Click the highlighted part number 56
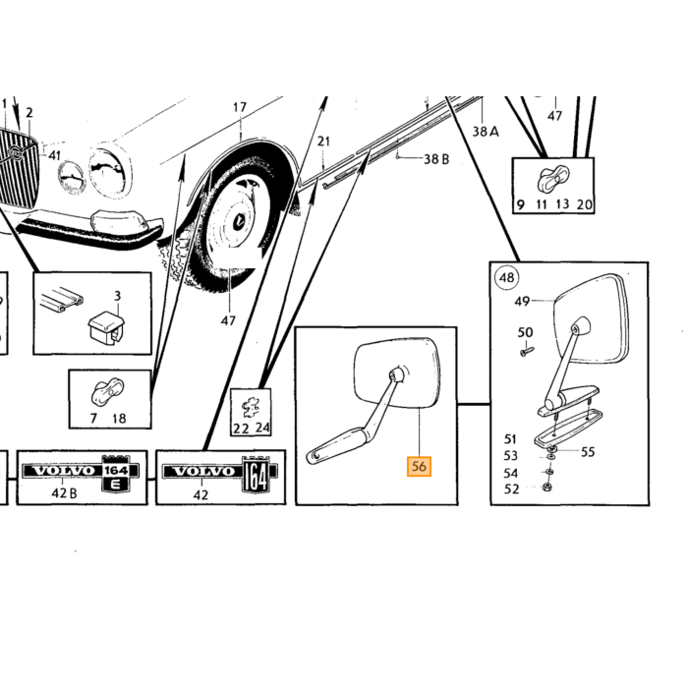419,467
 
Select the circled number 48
507,278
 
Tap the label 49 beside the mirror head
522,302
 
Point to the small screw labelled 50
527,351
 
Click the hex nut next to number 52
547,487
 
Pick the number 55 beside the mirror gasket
588,451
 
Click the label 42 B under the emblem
64,493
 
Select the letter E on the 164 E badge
115,485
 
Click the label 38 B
436,159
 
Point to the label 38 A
486,131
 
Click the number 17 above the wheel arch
240,107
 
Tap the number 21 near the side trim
323,142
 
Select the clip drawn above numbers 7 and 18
107,391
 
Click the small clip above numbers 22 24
251,408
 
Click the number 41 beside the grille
54,155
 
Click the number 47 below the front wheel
228,320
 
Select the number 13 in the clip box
562,204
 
